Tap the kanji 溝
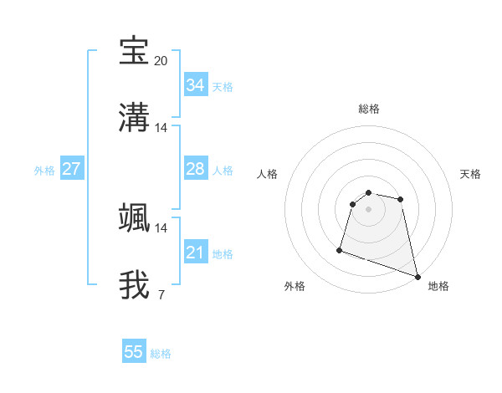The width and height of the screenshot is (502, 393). (135, 116)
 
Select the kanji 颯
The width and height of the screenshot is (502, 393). (135, 217)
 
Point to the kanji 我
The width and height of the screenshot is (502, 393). (135, 283)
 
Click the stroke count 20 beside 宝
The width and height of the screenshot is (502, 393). (161, 61)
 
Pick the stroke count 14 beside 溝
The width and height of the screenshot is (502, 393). (161, 128)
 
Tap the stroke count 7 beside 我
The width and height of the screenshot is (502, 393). (161, 294)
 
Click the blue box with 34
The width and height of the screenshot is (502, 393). (195, 85)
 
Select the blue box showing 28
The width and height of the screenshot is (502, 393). (195, 169)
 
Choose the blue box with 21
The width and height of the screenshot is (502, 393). (195, 253)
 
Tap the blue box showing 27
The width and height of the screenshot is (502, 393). (71, 169)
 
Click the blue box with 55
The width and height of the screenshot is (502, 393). (134, 352)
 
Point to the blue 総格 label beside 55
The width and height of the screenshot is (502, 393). (161, 354)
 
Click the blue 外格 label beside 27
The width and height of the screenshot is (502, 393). (44, 171)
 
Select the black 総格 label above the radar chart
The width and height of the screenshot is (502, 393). (369, 109)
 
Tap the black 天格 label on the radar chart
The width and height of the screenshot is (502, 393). (471, 174)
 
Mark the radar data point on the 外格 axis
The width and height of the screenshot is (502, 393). (340, 249)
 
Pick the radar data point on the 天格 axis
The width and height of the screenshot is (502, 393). (401, 199)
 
